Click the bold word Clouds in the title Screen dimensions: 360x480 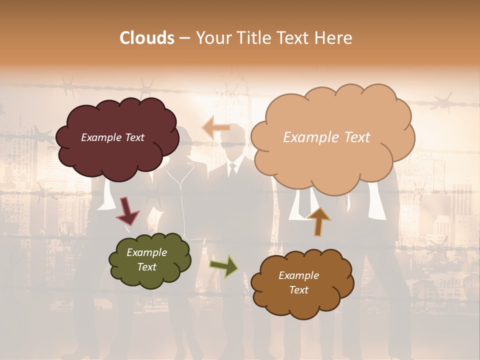tap(147, 38)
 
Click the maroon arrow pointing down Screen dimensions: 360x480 tap(127, 210)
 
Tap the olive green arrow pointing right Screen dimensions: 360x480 tap(224, 266)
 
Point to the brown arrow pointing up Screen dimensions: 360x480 tap(318, 220)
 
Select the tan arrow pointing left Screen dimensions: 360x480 tap(216, 128)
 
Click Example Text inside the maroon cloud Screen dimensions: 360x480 tap(112, 137)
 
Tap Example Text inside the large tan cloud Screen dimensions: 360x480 tap(326, 137)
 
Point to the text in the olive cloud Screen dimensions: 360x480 tap(146, 259)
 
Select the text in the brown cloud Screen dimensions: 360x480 tap(298, 282)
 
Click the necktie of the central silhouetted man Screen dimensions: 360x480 tap(232, 170)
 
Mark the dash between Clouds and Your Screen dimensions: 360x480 tap(184, 38)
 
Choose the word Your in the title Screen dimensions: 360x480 tap(212, 38)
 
